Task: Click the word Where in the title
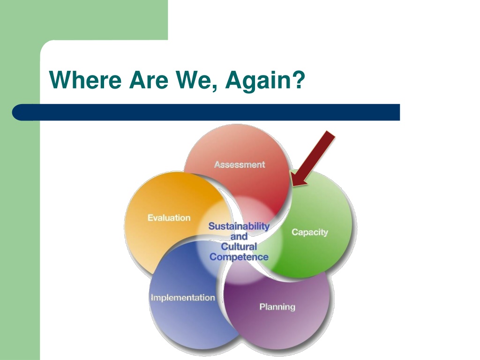pos(85,80)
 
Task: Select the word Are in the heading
pos(149,80)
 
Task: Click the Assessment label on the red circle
pos(240,165)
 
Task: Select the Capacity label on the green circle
pos(310,232)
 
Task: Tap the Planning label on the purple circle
pos(277,307)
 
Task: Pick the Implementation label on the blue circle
pos(183,298)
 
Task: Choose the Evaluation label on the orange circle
pos(169,217)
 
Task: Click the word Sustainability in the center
pos(239,226)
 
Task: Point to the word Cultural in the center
pos(239,247)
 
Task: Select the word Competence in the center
pos(239,257)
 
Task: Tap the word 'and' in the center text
pos(239,236)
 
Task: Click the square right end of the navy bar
pos(399,112)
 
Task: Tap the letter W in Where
pos(60,80)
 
